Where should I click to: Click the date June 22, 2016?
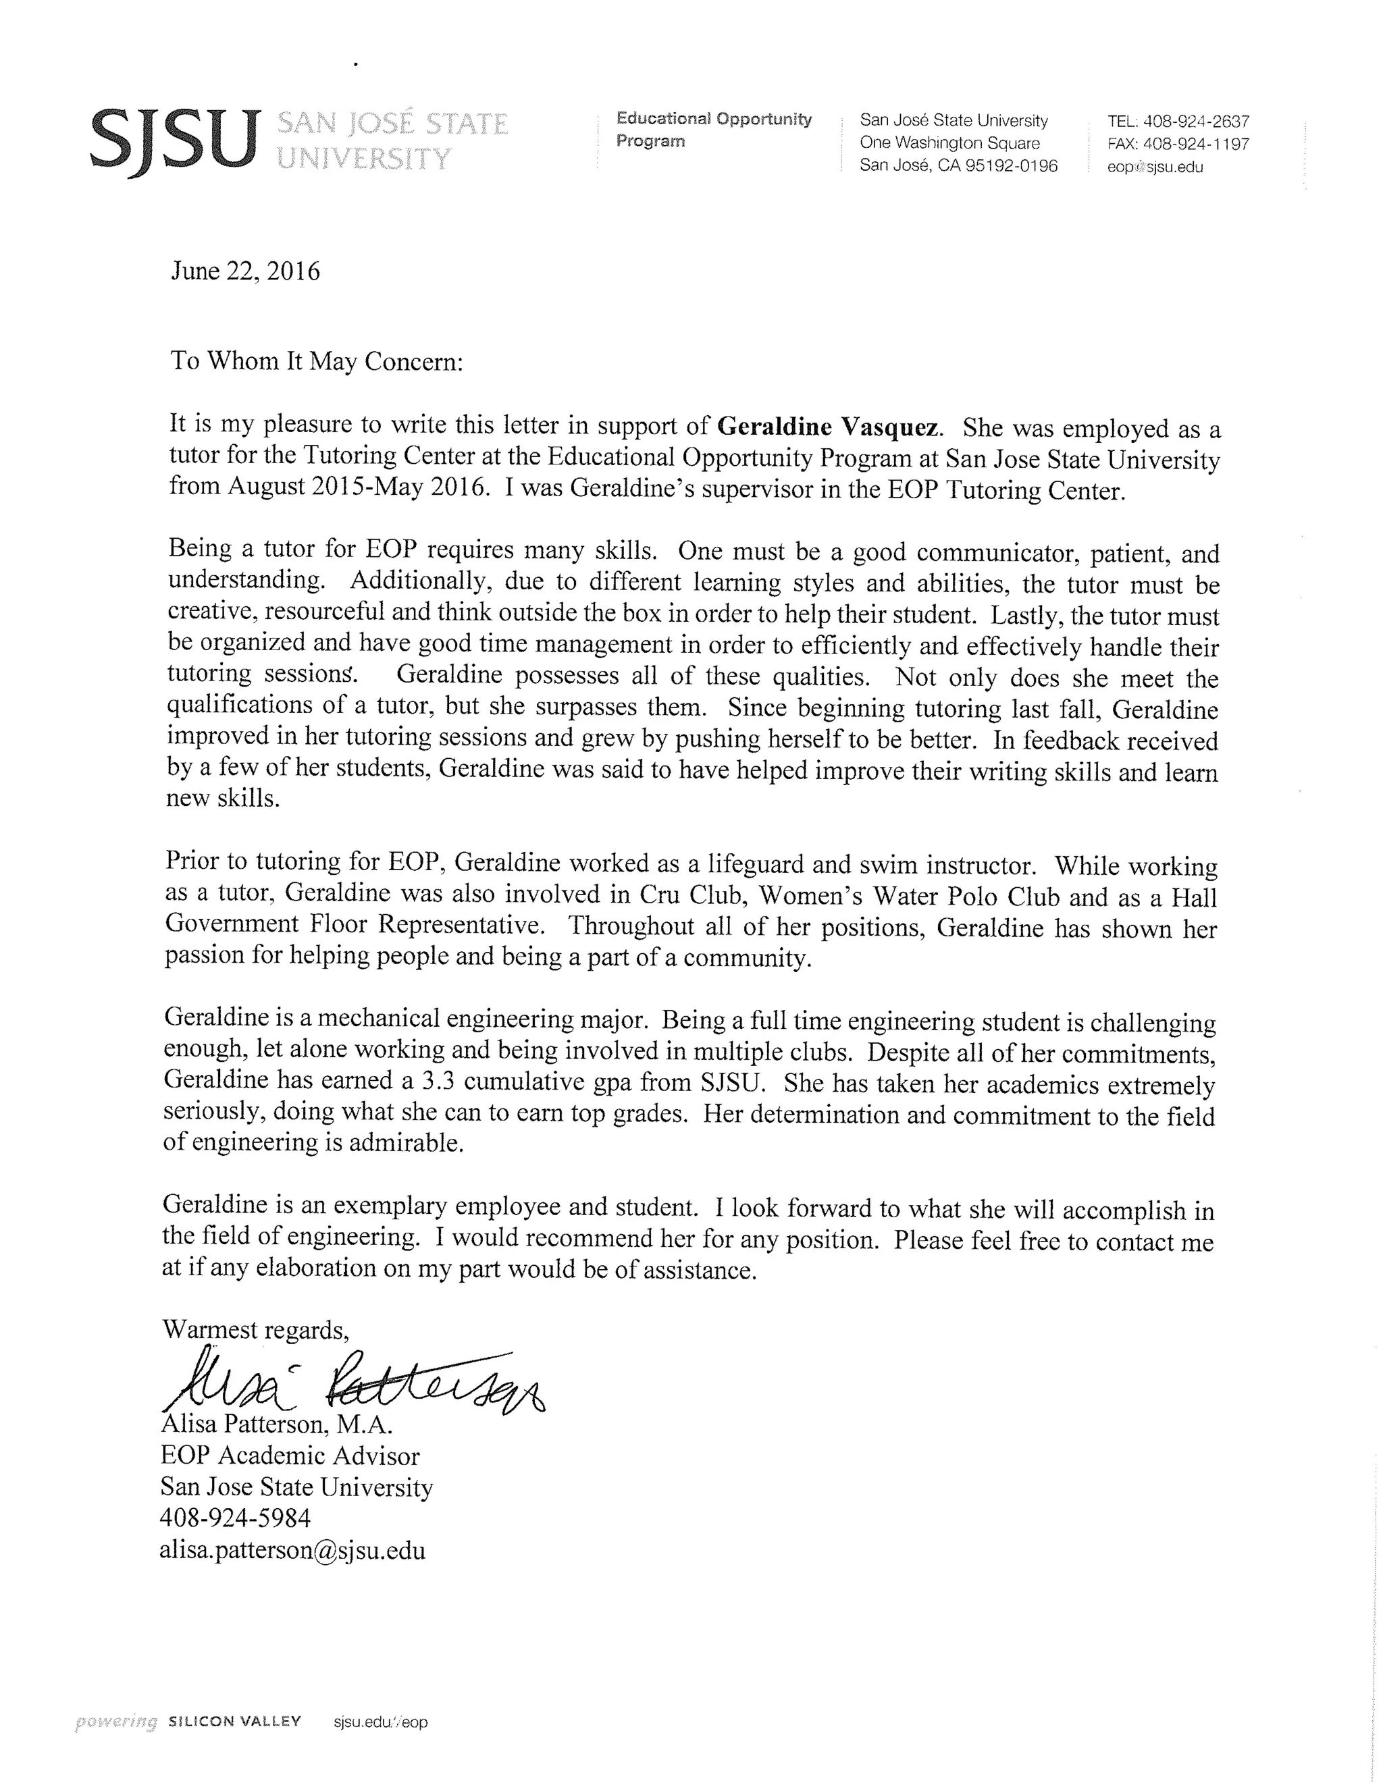point(245,271)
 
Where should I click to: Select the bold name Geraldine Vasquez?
point(827,427)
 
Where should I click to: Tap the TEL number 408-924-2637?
point(1195,122)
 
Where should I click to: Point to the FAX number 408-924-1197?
point(1196,144)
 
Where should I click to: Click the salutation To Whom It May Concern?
point(316,361)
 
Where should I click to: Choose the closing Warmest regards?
point(256,1329)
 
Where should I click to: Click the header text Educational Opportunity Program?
point(713,130)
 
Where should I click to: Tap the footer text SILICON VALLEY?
point(234,1720)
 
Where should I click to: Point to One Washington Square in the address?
point(949,143)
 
